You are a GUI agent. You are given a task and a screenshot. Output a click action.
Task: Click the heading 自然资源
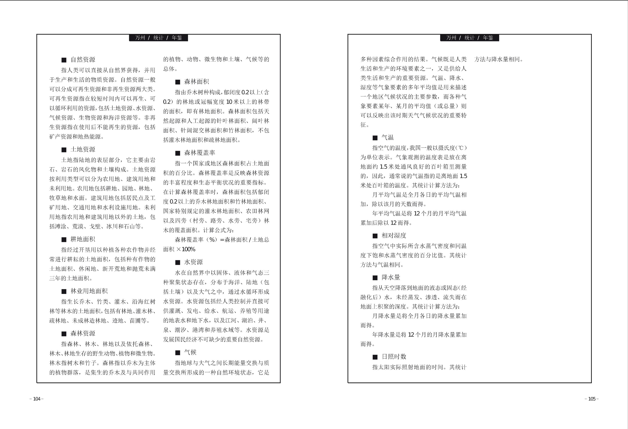click(x=83, y=60)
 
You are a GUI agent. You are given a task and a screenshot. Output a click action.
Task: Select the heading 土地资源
click(x=83, y=149)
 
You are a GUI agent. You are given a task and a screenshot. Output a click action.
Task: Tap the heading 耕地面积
click(x=83, y=239)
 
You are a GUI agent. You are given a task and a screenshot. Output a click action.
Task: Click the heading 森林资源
click(x=83, y=333)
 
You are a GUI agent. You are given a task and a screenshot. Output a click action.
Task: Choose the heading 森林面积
click(x=196, y=82)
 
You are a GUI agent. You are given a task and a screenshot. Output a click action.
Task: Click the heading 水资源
click(x=193, y=262)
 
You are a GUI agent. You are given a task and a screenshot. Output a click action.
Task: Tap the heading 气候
click(x=190, y=352)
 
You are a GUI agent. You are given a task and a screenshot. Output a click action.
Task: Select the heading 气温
click(x=387, y=138)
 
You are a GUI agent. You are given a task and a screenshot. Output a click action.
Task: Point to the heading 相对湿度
click(x=394, y=236)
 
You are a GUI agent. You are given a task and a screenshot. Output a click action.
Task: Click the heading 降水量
click(x=391, y=278)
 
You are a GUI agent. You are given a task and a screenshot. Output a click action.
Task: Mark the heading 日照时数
click(x=394, y=357)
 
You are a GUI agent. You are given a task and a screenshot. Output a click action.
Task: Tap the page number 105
click(x=592, y=399)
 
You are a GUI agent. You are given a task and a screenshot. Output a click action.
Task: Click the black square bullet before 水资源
click(x=177, y=262)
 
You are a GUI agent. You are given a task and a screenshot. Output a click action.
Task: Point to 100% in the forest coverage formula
click(x=188, y=249)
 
